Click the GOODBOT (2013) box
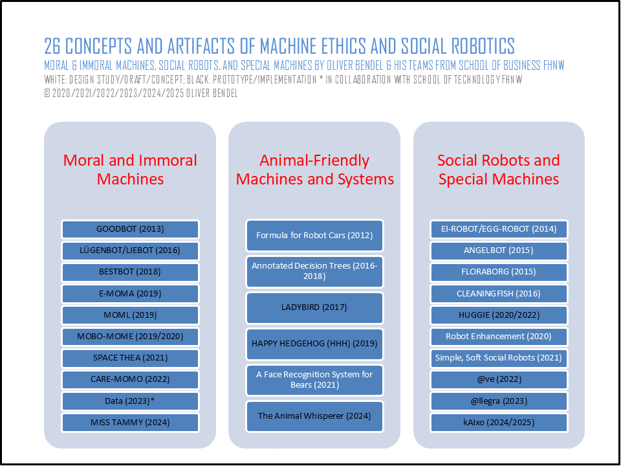[x=130, y=229]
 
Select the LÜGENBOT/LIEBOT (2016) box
[x=130, y=250]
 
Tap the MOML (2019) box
[x=130, y=315]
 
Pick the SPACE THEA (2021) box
[x=130, y=358]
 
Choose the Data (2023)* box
[x=130, y=401]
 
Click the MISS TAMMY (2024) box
[x=130, y=423]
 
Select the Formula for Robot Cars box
[x=315, y=236]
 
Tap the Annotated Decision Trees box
[x=315, y=271]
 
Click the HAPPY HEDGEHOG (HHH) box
[x=315, y=344]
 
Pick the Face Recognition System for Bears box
[x=315, y=380]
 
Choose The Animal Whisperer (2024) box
[x=315, y=416]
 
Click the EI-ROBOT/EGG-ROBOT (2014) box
[x=499, y=229]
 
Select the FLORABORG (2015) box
[x=499, y=272]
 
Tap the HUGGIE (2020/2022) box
[x=499, y=315]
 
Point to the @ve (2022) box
[x=499, y=380]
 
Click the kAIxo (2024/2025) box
[x=499, y=423]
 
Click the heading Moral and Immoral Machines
[x=130, y=170]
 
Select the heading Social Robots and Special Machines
[x=499, y=170]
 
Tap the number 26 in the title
[x=52, y=47]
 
